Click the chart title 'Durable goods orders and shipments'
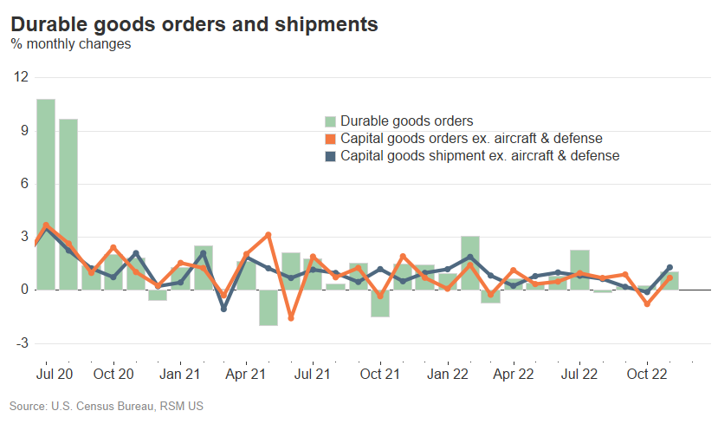[194, 24]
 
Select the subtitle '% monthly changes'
[70, 44]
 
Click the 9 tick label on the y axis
[23, 131]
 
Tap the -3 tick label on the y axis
[21, 343]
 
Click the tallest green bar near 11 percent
[46, 194]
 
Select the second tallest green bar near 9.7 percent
[68, 204]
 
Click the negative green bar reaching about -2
[268, 308]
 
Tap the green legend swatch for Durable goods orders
[330, 121]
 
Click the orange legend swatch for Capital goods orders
[330, 139]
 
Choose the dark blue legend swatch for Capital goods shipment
[330, 156]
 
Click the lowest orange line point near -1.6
[291, 318]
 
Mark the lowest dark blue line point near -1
[223, 309]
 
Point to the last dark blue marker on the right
[669, 268]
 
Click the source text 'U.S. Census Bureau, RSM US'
[107, 405]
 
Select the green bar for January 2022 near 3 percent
[470, 263]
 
